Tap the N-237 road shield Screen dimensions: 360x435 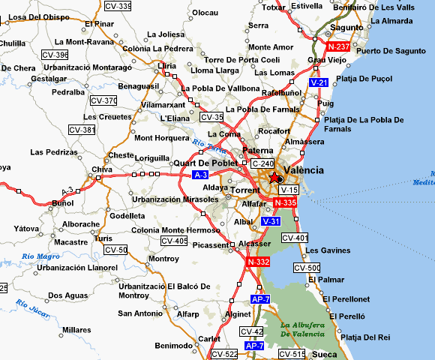coord(337,46)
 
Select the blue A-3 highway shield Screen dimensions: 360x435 coord(200,175)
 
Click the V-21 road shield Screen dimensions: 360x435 coord(318,82)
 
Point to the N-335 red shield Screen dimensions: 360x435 coord(285,202)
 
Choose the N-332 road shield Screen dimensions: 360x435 coord(258,261)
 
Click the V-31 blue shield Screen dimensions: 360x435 coord(271,222)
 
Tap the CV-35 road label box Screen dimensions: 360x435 coord(212,117)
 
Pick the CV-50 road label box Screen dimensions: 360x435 coord(115,250)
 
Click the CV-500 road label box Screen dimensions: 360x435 coord(307,268)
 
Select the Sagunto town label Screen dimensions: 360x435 coord(346,28)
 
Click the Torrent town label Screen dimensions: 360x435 coord(245,190)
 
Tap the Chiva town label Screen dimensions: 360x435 coord(101,169)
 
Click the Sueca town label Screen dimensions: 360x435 coord(324,353)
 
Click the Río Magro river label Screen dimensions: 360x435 coord(40,256)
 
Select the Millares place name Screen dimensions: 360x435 coord(76,329)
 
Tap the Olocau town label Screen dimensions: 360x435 coord(205,13)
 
